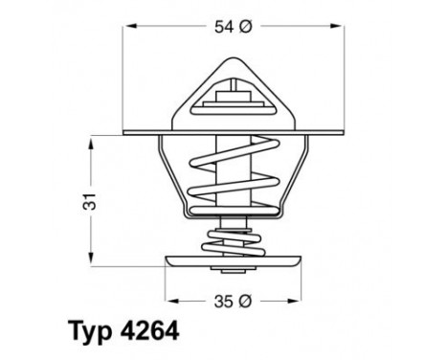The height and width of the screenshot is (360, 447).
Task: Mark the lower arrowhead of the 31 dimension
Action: coord(91,259)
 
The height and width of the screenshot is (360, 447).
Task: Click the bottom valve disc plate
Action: coord(232,260)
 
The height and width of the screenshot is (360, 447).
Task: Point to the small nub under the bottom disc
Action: coord(232,273)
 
